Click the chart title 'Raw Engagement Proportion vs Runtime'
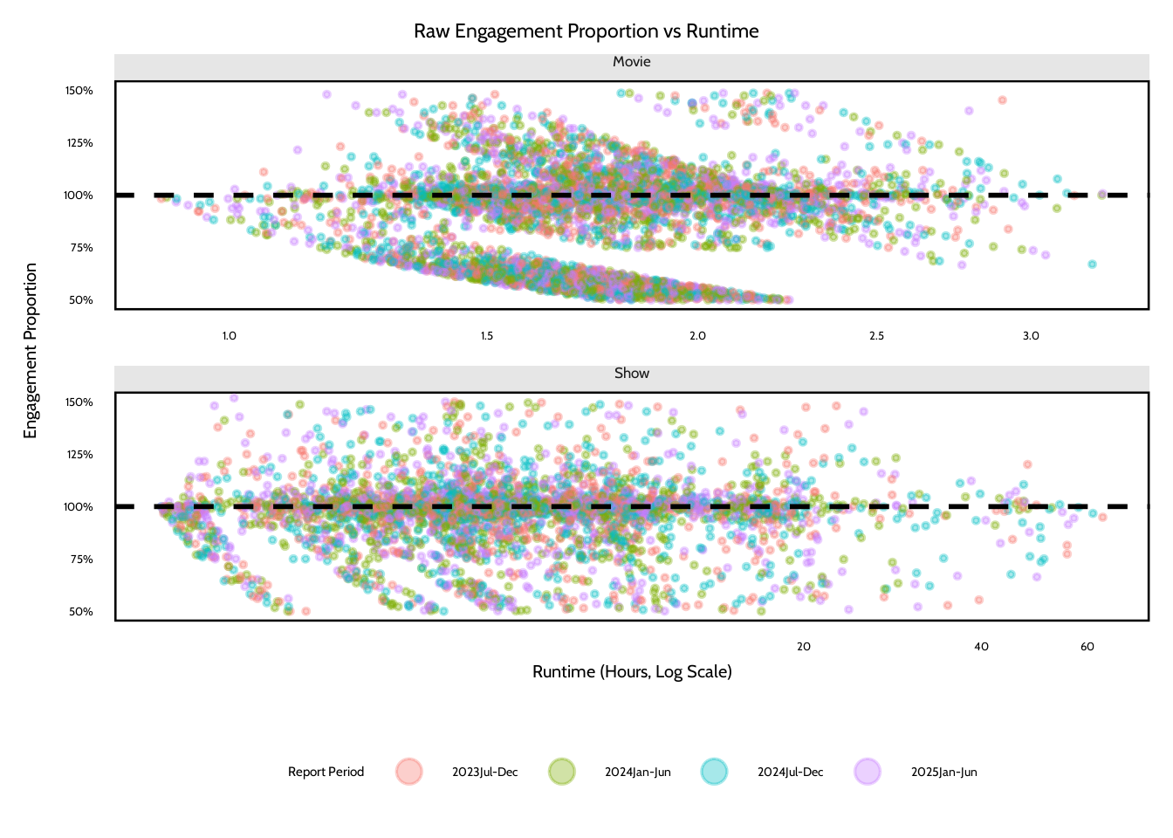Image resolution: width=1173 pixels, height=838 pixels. pyautogui.click(x=586, y=31)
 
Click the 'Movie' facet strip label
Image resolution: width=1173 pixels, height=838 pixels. pyautogui.click(x=631, y=62)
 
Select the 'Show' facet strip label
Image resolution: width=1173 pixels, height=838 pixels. pyautogui.click(x=631, y=374)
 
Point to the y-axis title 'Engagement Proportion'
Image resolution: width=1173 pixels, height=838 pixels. pyautogui.click(x=31, y=351)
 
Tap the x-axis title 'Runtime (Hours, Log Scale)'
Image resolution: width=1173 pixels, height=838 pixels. pyautogui.click(x=632, y=672)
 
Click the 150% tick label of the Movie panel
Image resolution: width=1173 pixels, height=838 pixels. pyautogui.click(x=79, y=91)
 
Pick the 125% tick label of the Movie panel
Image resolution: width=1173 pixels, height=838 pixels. pyautogui.click(x=79, y=143)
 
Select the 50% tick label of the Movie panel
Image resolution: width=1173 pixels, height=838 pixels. pyautogui.click(x=81, y=300)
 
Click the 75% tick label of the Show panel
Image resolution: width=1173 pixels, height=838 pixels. pyautogui.click(x=81, y=560)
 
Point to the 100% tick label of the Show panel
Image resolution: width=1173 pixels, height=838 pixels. pyautogui.click(x=79, y=507)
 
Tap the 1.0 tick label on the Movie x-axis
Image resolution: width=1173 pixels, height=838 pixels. pyautogui.click(x=229, y=336)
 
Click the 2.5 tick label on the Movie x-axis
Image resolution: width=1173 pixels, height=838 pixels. pyautogui.click(x=876, y=336)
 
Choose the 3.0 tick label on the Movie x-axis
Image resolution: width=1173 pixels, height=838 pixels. pyautogui.click(x=1031, y=336)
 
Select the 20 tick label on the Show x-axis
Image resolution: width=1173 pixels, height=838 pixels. pyautogui.click(x=804, y=647)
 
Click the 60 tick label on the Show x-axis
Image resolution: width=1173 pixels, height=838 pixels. pyautogui.click(x=1087, y=647)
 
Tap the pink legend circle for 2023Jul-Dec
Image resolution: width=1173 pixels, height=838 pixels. pyautogui.click(x=408, y=772)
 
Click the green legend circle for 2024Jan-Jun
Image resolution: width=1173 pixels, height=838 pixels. pyautogui.click(x=561, y=772)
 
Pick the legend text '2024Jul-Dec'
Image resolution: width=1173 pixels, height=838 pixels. pyautogui.click(x=790, y=773)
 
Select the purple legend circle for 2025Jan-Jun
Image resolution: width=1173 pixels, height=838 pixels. pyautogui.click(x=868, y=772)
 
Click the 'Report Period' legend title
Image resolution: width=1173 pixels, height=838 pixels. pyautogui.click(x=326, y=773)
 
